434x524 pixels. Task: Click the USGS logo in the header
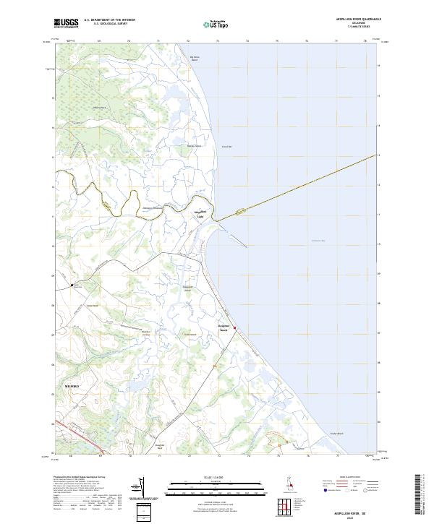click(x=67, y=22)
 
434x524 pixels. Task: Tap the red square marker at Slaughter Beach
click(x=234, y=327)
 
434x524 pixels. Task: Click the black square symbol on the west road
click(x=71, y=285)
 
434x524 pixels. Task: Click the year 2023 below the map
click(x=350, y=515)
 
